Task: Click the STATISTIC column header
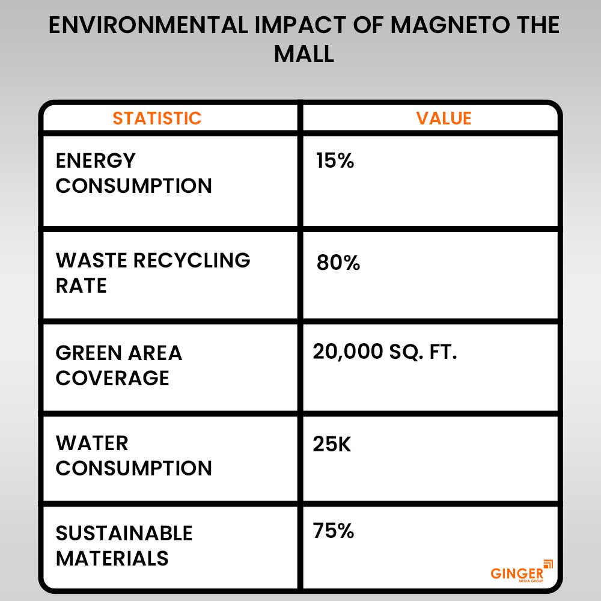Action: (157, 118)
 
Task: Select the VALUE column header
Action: (444, 118)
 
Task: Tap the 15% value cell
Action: (335, 161)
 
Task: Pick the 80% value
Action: (338, 263)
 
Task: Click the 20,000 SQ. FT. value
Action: (385, 352)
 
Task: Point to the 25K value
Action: (332, 444)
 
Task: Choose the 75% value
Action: (333, 531)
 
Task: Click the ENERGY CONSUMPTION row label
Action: (133, 173)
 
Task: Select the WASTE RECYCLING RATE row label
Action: (153, 272)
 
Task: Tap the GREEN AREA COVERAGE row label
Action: (118, 365)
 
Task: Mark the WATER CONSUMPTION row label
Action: (133, 456)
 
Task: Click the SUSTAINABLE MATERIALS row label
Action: (124, 546)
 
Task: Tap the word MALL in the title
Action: (304, 54)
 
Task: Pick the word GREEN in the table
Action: (91, 353)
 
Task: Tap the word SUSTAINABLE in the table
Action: (124, 533)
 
